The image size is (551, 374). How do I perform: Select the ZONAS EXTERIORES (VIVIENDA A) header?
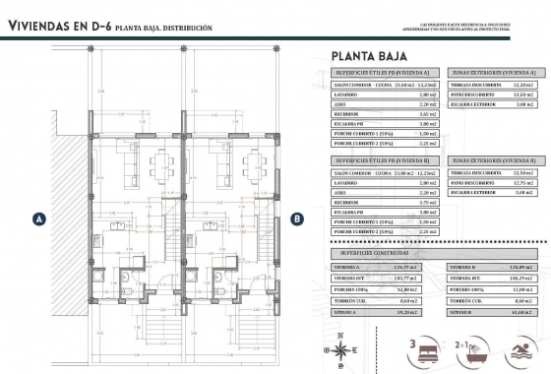pos(494,73)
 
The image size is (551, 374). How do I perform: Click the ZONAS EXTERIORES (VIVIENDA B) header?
pos(494,159)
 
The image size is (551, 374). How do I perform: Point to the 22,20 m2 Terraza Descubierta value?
pos(523,87)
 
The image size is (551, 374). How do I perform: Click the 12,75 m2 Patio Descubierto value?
pos(523,183)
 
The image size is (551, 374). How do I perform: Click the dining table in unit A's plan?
pos(159,161)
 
